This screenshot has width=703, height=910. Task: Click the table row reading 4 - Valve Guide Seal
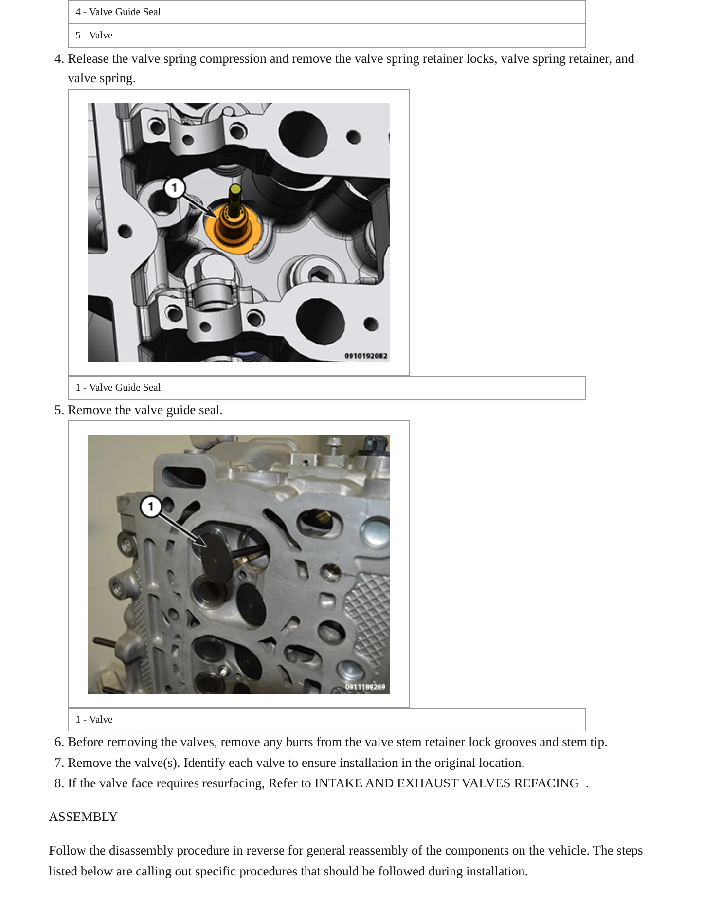[326, 12]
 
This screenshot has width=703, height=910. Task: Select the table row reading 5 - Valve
[326, 36]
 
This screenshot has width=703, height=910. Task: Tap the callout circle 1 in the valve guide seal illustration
[174, 188]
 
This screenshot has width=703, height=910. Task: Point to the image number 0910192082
[366, 356]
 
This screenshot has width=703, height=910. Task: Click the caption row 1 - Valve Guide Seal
[326, 388]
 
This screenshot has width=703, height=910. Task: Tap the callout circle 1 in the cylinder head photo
[151, 507]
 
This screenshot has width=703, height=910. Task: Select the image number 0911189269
[365, 687]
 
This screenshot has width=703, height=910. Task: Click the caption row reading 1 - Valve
[326, 720]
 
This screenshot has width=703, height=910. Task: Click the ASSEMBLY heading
[83, 817]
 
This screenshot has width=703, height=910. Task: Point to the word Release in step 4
[88, 59]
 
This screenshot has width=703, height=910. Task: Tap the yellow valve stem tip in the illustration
[235, 190]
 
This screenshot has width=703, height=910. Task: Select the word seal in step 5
[211, 410]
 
